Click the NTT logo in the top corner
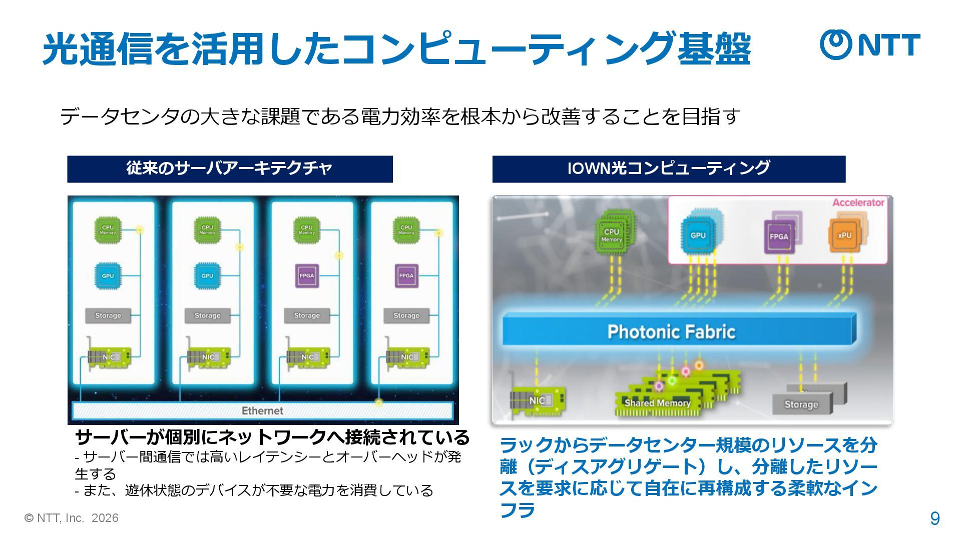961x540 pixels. pos(870,44)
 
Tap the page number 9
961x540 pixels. pos(934,518)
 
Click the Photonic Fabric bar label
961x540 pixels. pos(671,331)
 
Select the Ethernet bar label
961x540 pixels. pos(262,410)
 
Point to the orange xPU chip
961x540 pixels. pos(844,235)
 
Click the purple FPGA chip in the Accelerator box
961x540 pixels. pos(779,236)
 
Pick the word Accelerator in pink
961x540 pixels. pos(858,202)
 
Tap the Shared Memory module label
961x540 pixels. pos(657,403)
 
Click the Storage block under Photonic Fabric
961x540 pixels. pos(801,404)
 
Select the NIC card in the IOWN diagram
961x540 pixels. pos(538,400)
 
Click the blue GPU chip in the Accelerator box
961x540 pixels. pos(698,235)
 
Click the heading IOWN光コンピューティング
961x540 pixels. pos(668,168)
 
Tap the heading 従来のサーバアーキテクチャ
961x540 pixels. pos(229,168)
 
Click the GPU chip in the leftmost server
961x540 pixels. pos(108,275)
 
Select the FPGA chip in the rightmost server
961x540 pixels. pos(406,275)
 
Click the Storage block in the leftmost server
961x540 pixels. pos(108,315)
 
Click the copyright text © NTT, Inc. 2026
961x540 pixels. pos(72,518)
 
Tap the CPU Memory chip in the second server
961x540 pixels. pos(207,230)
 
